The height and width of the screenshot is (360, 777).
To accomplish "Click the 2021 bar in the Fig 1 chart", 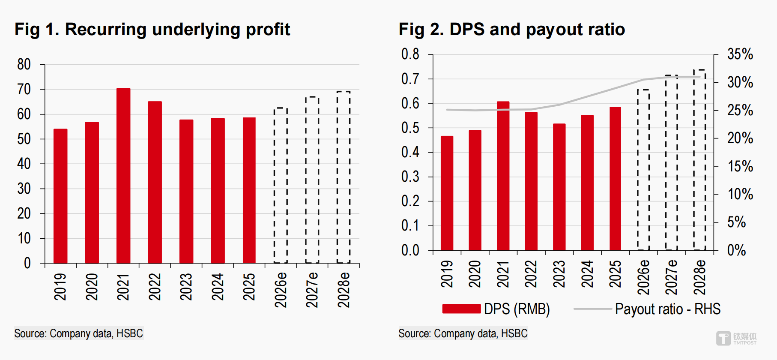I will tap(123, 176).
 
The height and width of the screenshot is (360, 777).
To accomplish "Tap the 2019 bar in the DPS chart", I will tap(447, 193).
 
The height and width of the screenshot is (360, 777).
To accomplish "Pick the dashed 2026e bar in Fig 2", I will tap(643, 170).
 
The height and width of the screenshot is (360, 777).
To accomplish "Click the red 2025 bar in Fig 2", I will tap(615, 179).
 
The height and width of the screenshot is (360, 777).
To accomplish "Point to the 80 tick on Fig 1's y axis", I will tap(24, 65).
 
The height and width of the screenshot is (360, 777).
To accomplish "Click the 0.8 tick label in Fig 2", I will tap(410, 54).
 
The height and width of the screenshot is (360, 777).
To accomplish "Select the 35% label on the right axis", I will tap(740, 54).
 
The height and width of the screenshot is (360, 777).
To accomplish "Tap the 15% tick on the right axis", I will tap(740, 166).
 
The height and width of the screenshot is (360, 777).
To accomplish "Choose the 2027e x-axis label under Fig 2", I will tap(671, 277).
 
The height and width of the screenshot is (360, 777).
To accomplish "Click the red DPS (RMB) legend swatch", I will tap(461, 309).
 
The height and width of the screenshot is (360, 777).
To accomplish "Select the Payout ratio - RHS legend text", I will tap(667, 309).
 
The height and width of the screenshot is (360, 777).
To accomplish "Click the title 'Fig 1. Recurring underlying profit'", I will tap(152, 30).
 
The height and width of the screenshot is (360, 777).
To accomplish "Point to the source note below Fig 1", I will tap(78, 333).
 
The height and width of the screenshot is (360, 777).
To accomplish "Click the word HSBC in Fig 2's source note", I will tap(514, 333).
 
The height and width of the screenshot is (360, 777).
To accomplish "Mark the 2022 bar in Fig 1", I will tap(155, 182).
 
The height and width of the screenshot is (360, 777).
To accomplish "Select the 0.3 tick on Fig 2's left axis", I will tap(410, 177).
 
